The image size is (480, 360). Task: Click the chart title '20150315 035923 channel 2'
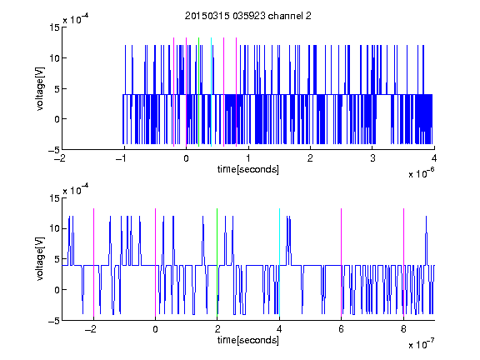click(248, 16)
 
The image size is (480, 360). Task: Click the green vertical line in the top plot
click(198, 92)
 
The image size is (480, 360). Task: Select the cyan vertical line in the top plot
click(211, 92)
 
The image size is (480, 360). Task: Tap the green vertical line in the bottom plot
click(217, 262)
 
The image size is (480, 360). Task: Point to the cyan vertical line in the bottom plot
click(279, 262)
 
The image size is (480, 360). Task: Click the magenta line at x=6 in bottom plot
click(342, 262)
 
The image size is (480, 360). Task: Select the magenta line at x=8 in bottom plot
click(403, 262)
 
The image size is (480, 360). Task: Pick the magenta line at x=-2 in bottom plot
click(93, 262)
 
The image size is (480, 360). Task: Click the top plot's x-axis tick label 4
click(434, 158)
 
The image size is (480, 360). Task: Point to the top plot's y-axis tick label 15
click(55, 27)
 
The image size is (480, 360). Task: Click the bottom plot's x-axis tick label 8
click(403, 329)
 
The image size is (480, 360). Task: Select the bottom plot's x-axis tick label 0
click(155, 329)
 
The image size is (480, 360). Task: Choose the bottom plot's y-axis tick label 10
click(55, 228)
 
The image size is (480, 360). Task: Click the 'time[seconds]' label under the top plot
click(248, 169)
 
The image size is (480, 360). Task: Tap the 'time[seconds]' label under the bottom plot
click(248, 340)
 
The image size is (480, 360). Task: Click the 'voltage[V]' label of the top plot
click(40, 89)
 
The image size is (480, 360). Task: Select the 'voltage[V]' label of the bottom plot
click(40, 259)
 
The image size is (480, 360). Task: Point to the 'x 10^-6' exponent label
click(421, 173)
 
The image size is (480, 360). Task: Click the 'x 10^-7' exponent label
click(421, 344)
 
